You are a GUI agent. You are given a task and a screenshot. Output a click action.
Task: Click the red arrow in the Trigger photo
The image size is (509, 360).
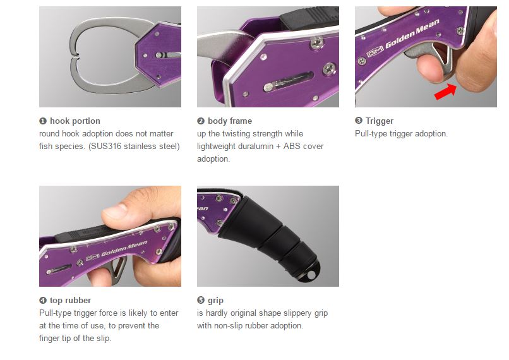point(445,91)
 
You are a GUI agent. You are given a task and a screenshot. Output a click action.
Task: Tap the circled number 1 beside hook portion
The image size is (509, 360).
point(43,121)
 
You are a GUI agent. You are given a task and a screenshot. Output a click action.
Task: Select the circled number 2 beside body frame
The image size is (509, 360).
point(201,121)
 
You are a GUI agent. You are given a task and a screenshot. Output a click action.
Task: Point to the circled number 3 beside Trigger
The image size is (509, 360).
point(358,121)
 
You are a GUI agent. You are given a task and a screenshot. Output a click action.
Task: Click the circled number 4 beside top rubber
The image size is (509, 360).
point(43,301)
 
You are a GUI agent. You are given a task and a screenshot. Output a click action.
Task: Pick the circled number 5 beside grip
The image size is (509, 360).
point(201,300)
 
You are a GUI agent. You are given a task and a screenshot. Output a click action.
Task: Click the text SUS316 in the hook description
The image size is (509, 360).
point(106,146)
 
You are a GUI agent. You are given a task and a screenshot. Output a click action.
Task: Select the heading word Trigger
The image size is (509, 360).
point(380,121)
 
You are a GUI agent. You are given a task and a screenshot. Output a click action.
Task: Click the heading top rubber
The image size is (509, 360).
point(71,301)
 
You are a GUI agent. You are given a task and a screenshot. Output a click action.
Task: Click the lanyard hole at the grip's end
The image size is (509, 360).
point(311,275)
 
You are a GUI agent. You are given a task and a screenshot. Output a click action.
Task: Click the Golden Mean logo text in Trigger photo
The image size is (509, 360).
point(412,33)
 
